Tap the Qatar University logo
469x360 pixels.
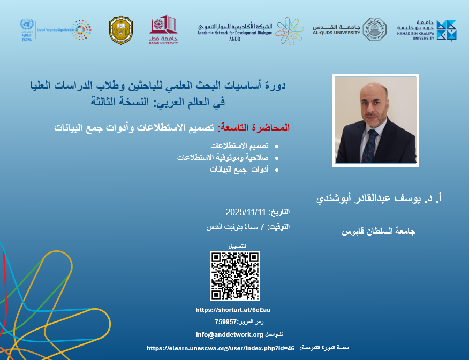(163, 30)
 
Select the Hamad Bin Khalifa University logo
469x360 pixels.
(446, 30)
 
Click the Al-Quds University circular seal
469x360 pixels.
(374, 29)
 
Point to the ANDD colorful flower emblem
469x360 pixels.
(293, 30)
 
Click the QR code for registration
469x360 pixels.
(234, 276)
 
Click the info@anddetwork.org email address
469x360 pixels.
(229, 335)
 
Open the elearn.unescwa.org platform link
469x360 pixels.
(221, 348)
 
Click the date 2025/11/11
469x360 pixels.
(245, 212)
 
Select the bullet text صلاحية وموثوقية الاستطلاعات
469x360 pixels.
(222, 158)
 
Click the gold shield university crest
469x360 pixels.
(120, 30)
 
